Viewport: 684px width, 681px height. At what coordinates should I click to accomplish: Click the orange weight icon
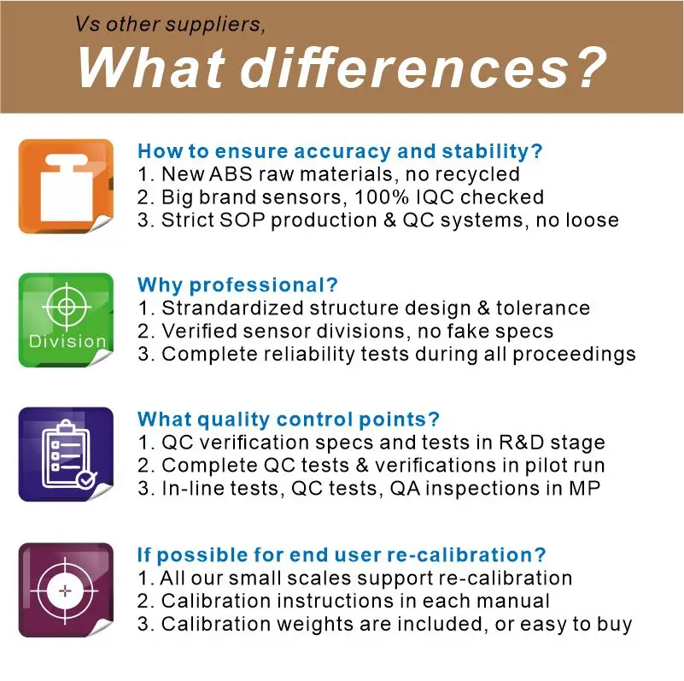pos(66,186)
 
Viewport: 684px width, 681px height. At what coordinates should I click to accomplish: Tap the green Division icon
pos(66,320)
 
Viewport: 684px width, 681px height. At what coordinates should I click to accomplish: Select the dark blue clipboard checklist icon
pos(66,454)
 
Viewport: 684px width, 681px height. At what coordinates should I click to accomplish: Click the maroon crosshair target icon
pos(66,590)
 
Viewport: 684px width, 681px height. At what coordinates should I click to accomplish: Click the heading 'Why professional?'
pos(237,285)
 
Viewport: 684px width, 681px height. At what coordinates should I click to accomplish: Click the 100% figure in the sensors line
pos(382,197)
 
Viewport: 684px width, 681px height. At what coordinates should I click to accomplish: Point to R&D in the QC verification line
pos(521,443)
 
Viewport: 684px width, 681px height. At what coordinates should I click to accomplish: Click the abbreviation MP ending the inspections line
pos(585,488)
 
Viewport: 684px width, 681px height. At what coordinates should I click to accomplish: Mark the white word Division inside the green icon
pos(67,341)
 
